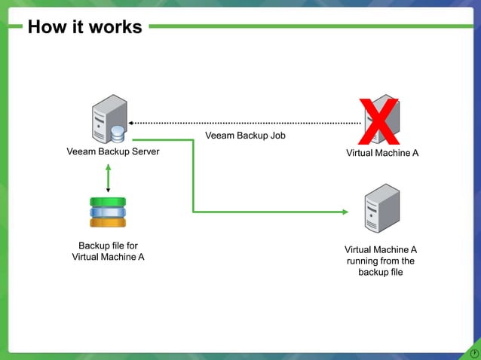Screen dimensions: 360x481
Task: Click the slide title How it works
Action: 84,27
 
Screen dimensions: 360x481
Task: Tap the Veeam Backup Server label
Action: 113,152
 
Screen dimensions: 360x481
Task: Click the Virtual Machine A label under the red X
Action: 381,153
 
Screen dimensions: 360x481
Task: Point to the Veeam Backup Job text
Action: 245,136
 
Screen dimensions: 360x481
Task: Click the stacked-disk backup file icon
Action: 108,212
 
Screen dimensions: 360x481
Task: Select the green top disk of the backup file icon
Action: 108,202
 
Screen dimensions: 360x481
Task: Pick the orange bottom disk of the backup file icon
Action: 108,222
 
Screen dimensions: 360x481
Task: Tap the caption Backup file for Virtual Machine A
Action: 108,251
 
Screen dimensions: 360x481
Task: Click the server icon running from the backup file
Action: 381,209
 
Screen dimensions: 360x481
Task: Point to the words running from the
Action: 381,261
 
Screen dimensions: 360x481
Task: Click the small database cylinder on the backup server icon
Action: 118,134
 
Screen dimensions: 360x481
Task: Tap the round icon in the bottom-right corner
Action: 473,352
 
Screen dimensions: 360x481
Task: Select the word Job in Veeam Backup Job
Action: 277,136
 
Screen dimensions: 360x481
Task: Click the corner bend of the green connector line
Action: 194,212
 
